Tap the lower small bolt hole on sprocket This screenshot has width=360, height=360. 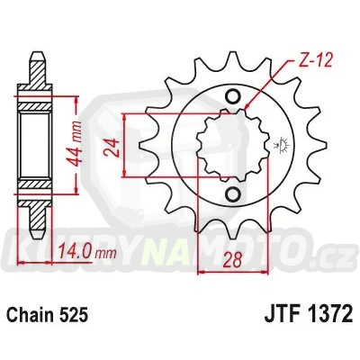[233, 194]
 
